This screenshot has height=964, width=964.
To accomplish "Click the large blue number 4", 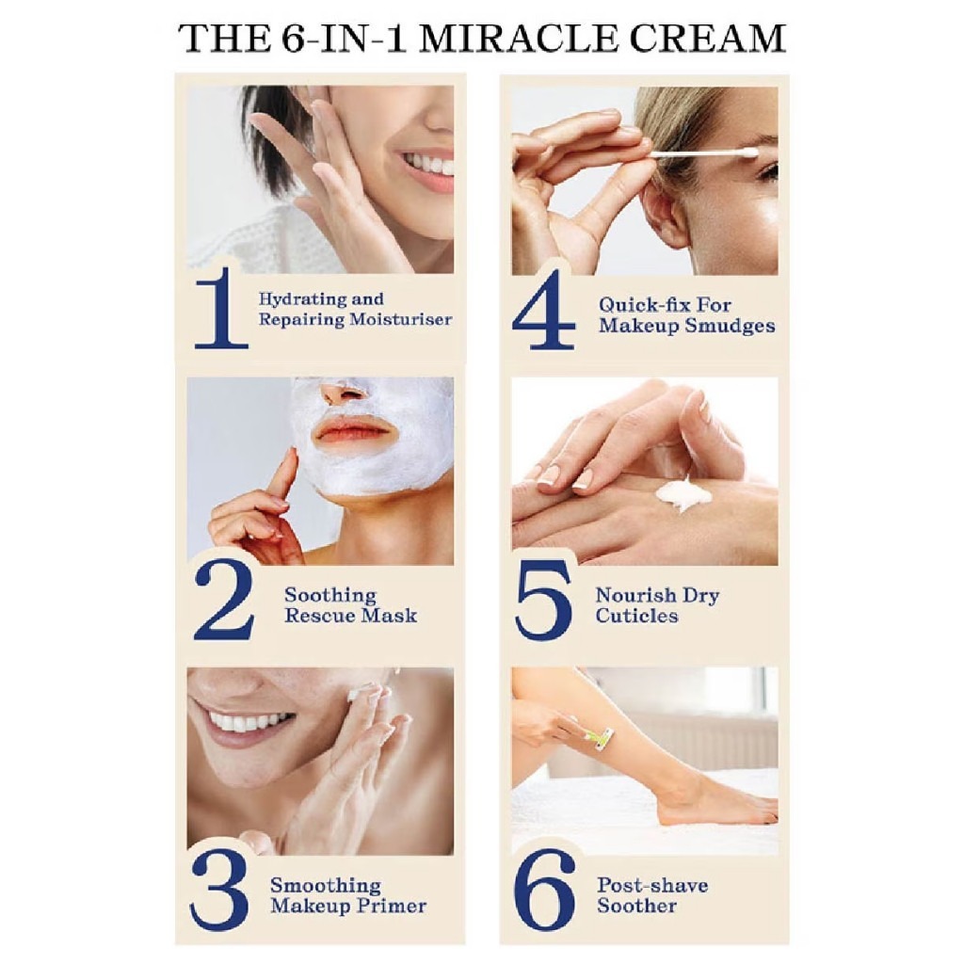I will pos(543,312).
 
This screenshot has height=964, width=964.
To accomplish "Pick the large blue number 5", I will pos(544,601).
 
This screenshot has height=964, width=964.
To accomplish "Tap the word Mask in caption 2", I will pos(394,617).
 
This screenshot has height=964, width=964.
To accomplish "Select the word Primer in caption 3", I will pos(393,907).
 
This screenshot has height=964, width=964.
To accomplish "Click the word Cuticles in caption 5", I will pos(636,616).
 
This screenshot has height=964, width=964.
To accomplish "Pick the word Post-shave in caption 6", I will pos(651,885).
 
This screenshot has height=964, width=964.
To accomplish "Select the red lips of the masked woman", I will pos(353,430).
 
